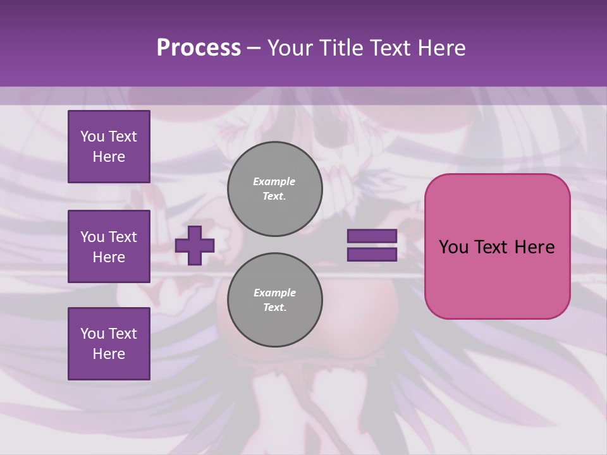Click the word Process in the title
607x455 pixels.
[x=199, y=48]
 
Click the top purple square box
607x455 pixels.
[x=109, y=147]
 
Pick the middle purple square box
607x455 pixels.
[x=109, y=246]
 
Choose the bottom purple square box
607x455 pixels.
[x=109, y=344]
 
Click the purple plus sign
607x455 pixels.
[x=195, y=245]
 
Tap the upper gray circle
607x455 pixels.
[x=275, y=189]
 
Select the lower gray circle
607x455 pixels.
[x=275, y=300]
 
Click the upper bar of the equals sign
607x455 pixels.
[x=372, y=236]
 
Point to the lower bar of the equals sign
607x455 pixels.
[x=372, y=254]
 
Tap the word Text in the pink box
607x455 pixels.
[x=493, y=247]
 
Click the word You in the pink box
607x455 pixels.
[x=453, y=247]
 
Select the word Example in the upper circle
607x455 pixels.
[x=274, y=181]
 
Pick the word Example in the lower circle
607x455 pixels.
[x=275, y=293]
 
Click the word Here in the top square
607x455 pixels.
[x=109, y=157]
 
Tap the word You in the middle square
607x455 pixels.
[x=92, y=237]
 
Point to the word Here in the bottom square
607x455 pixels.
[x=109, y=354]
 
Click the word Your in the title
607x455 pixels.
[x=291, y=48]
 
